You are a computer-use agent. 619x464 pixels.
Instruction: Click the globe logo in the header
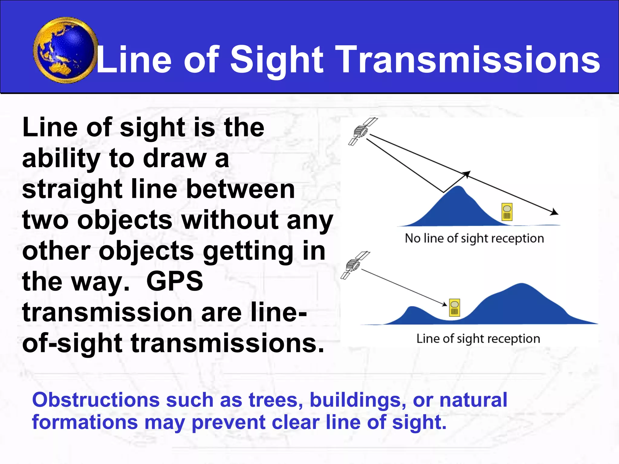[65, 50]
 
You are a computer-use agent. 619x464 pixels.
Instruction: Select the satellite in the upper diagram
[362, 132]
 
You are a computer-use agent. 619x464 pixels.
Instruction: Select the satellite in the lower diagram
[354, 265]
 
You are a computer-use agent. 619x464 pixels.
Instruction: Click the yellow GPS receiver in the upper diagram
[507, 212]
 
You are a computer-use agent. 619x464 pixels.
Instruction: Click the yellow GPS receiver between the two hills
[454, 308]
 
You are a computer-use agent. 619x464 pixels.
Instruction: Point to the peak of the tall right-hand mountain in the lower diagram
[522, 285]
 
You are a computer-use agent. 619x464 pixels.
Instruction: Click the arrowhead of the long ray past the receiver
[555, 212]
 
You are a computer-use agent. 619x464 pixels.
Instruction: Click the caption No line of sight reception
[474, 238]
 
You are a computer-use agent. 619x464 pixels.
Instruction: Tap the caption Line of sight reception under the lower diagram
[478, 339]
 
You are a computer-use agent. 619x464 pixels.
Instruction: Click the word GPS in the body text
[174, 282]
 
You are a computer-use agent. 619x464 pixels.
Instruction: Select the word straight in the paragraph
[72, 189]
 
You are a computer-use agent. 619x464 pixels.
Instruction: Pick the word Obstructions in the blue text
[96, 400]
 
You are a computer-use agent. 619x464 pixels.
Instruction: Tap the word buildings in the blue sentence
[358, 400]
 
